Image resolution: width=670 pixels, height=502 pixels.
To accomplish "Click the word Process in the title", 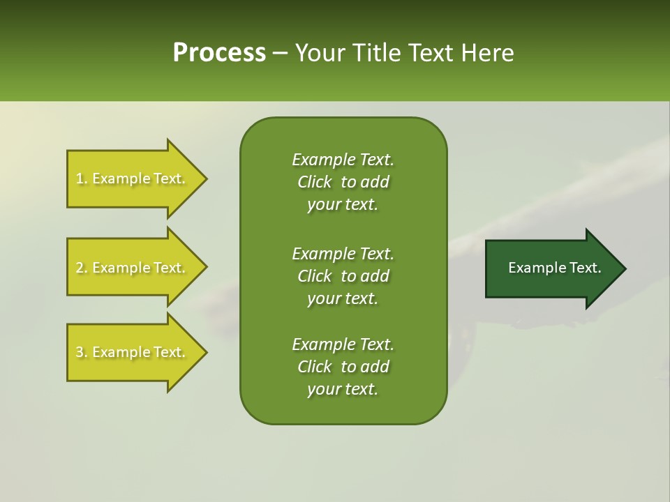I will pos(219,53).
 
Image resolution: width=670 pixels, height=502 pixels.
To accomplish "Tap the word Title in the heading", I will pos(379,53).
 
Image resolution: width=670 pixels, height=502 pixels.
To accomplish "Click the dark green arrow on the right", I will pos(551,268).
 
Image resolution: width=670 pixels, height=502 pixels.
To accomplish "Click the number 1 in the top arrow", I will pos(80,178).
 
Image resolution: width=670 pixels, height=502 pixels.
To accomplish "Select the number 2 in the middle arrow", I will pos(80,268).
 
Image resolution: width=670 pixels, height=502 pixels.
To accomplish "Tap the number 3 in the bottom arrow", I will pos(80,352).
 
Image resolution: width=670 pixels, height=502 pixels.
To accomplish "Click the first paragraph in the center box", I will pos(343,182).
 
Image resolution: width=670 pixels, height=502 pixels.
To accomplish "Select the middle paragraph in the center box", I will pos(343,275).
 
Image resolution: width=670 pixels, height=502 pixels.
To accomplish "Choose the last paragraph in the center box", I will pos(343,367).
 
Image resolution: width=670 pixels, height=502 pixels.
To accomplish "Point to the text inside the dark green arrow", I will pos(554,268).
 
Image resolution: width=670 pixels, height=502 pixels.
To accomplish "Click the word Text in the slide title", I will pos(433,53).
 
